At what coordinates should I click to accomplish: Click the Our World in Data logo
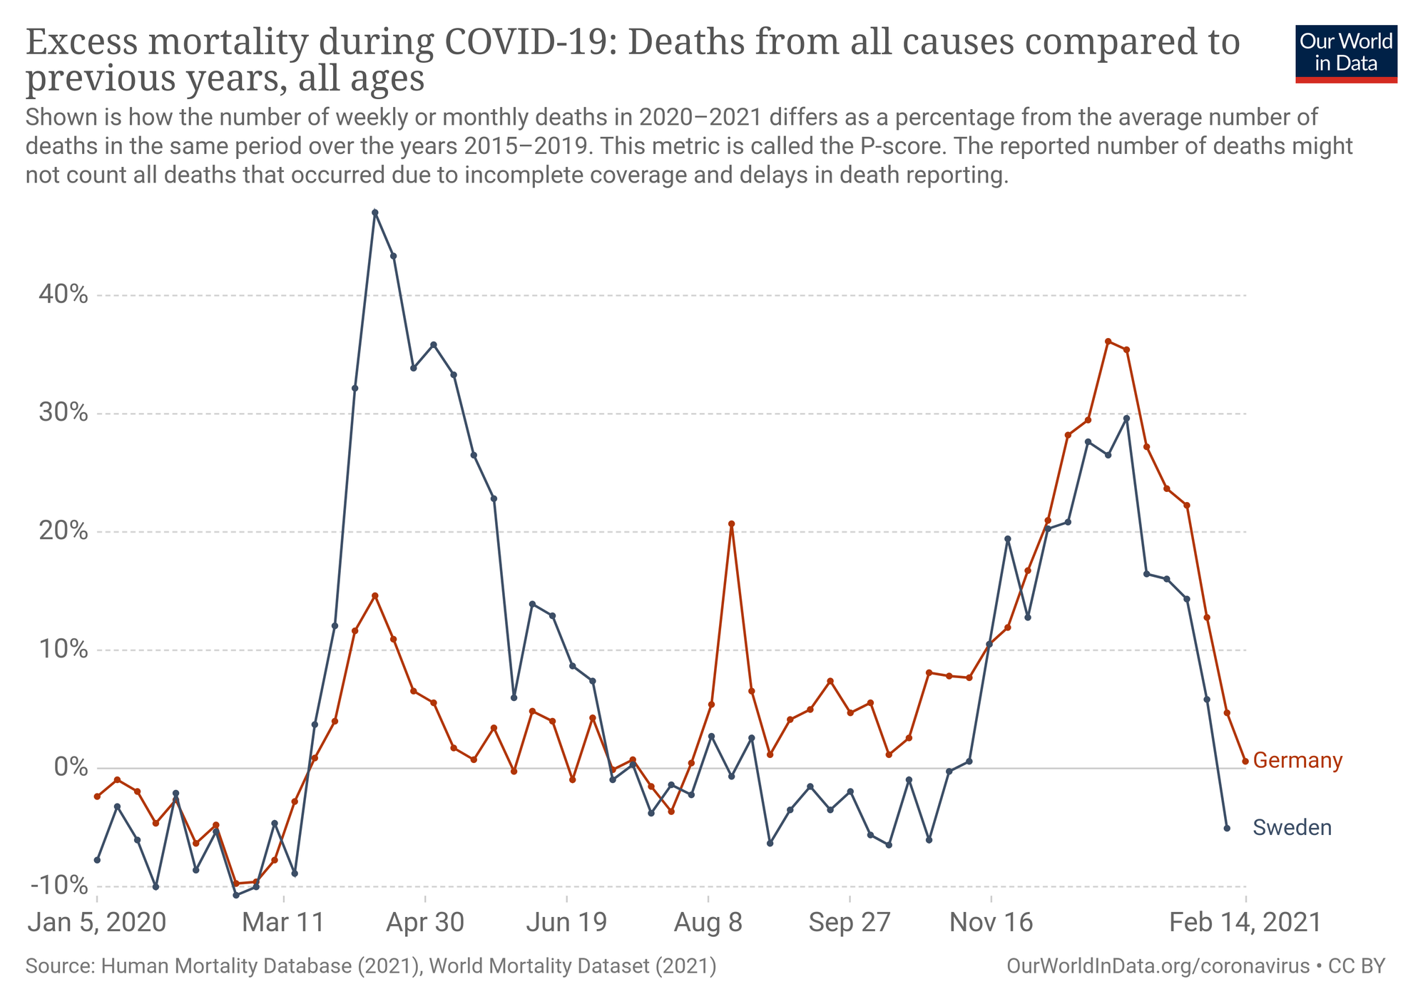[1345, 53]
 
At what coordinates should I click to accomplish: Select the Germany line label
[1297, 761]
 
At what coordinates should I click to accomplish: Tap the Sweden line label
[1292, 827]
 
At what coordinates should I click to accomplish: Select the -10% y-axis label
[58, 886]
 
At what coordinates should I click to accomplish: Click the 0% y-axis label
[69, 768]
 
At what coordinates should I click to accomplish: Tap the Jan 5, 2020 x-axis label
[96, 923]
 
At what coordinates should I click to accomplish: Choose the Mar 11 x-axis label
[283, 923]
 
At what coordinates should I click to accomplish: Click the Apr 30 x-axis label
[425, 923]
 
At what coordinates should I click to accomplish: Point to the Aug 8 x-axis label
[708, 923]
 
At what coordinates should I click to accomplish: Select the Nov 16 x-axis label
[991, 923]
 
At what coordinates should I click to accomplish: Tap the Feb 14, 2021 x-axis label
[1245, 923]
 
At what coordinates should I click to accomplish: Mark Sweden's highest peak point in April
[375, 212]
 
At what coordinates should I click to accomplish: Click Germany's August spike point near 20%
[731, 524]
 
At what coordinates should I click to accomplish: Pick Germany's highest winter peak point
[1108, 342]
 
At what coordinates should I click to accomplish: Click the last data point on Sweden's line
[1227, 828]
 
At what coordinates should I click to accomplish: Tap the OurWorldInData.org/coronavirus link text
[1158, 966]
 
